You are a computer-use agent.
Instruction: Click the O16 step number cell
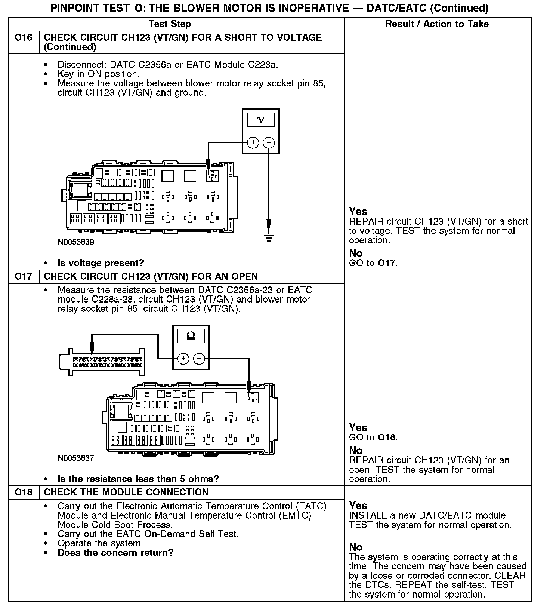pyautogui.click(x=24, y=38)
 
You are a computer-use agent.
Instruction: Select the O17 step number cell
pyautogui.click(x=24, y=277)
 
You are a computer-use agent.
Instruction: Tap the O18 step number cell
pyautogui.click(x=24, y=492)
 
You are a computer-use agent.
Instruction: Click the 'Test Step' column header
pyautogui.click(x=170, y=24)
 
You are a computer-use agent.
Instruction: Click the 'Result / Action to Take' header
pyautogui.click(x=437, y=24)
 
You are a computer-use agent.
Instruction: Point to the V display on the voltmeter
pyautogui.click(x=261, y=120)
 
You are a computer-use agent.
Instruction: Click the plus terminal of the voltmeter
pyautogui.click(x=253, y=142)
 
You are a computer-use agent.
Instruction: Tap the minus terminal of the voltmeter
pyautogui.click(x=269, y=142)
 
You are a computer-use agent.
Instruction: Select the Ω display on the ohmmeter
pyautogui.click(x=191, y=336)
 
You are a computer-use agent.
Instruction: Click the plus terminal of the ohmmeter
pyautogui.click(x=183, y=359)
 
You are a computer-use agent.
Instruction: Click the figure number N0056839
pyautogui.click(x=76, y=242)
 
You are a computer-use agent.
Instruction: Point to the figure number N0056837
pyautogui.click(x=76, y=458)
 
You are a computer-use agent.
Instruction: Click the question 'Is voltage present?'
pyautogui.click(x=101, y=263)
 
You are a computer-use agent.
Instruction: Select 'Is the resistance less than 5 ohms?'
pyautogui.click(x=138, y=479)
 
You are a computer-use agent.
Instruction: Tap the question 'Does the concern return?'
pyautogui.click(x=115, y=553)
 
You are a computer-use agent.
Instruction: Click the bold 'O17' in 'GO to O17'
pyautogui.click(x=386, y=263)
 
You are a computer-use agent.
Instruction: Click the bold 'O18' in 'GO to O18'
pyautogui.click(x=386, y=437)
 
